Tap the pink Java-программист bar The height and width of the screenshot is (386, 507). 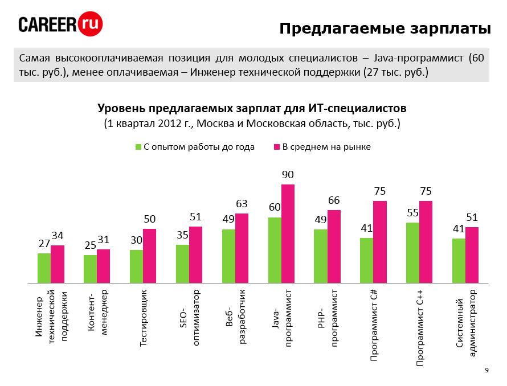coord(288,233)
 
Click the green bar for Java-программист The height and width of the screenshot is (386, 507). coord(275,250)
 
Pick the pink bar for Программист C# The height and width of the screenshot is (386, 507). coord(380,242)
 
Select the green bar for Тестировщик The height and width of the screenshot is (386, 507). coord(136,266)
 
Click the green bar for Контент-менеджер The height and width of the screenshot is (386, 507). coord(90,269)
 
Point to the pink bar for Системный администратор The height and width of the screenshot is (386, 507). coord(472,254)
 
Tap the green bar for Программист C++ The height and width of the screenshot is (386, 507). coord(412,253)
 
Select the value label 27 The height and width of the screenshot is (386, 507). coord(44,243)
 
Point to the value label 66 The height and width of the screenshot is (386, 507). coord(334,200)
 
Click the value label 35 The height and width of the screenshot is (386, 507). coord(182,235)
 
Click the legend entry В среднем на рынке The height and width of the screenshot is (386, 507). coord(322,147)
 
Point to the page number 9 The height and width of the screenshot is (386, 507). coord(486,371)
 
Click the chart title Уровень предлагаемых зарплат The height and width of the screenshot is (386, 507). coord(252,108)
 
